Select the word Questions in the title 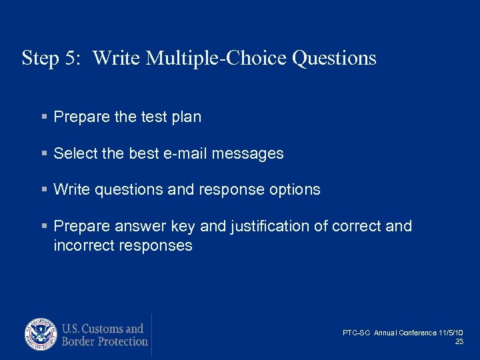tap(335, 59)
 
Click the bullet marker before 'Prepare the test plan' tap(44, 117)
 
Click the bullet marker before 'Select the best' tap(44, 154)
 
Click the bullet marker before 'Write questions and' tap(44, 190)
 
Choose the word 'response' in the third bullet tap(231, 190)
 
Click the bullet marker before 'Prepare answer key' tap(44, 227)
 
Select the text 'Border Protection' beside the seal tap(105, 341)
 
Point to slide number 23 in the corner tap(459, 341)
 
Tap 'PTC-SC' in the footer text tap(357, 333)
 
